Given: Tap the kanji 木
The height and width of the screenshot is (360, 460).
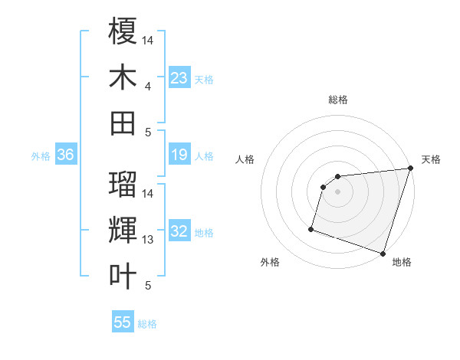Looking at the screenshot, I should click(x=123, y=77).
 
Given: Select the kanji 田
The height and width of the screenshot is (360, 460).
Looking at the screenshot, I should click(x=123, y=123).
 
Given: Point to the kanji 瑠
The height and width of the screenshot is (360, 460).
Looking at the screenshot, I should click(x=123, y=184).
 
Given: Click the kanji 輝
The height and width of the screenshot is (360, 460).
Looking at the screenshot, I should click(x=123, y=231).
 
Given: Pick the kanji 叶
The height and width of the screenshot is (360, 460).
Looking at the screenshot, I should click(x=123, y=277).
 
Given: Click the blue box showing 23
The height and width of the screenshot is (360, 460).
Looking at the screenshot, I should click(x=179, y=78).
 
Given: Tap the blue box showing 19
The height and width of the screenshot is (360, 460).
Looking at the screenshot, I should click(x=179, y=155).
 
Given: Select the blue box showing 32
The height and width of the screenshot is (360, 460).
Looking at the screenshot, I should click(x=179, y=232).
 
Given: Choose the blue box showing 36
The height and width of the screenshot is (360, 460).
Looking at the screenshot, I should click(x=66, y=155).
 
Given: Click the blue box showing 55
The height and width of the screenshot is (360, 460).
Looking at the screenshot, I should click(x=123, y=322).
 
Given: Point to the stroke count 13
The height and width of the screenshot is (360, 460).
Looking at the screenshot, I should click(x=148, y=240).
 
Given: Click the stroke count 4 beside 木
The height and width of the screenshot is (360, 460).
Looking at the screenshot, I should click(x=148, y=87).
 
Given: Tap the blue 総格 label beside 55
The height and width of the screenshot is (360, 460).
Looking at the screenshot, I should click(x=147, y=324).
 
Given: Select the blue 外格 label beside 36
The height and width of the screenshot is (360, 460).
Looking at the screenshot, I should click(x=41, y=156).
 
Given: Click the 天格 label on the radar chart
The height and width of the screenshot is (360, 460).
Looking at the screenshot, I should click(x=431, y=159).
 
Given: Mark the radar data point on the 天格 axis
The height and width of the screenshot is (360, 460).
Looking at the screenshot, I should click(x=410, y=169).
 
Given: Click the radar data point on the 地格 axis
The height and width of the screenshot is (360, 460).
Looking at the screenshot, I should click(x=383, y=253).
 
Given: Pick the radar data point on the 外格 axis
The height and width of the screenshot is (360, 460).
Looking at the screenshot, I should click(x=311, y=228).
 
